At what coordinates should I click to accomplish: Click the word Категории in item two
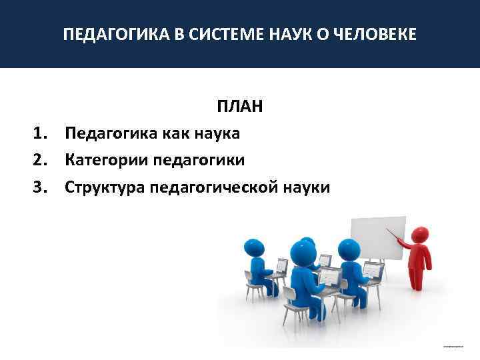pyautogui.click(x=106, y=161)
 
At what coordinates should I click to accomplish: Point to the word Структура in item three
pyautogui.click(x=104, y=188)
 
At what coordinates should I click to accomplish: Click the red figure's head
pyautogui.click(x=420, y=235)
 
